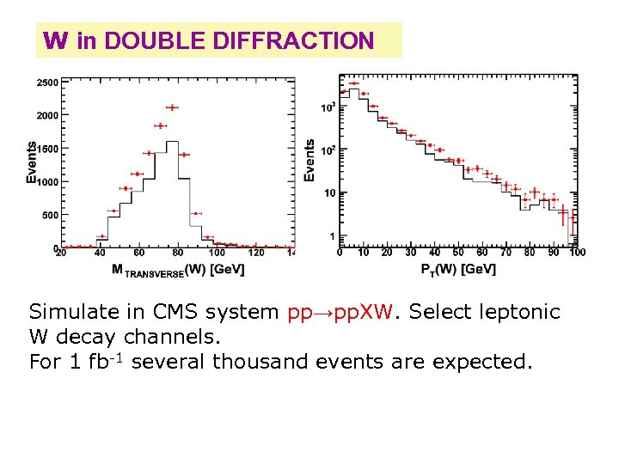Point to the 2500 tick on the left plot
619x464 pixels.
(x=47, y=82)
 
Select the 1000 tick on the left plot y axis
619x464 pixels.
(x=47, y=181)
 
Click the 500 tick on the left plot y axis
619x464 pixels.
(x=50, y=215)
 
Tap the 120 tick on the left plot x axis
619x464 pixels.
(x=256, y=253)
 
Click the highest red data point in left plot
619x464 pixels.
(x=172, y=107)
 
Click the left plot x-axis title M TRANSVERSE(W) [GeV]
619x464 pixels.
(x=178, y=270)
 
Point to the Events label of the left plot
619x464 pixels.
(x=32, y=162)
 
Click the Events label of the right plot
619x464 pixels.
(x=310, y=161)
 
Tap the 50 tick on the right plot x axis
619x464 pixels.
(x=458, y=253)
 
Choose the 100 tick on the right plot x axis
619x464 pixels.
(x=577, y=253)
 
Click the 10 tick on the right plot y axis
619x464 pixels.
(x=330, y=192)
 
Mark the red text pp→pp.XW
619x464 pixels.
(x=341, y=312)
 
